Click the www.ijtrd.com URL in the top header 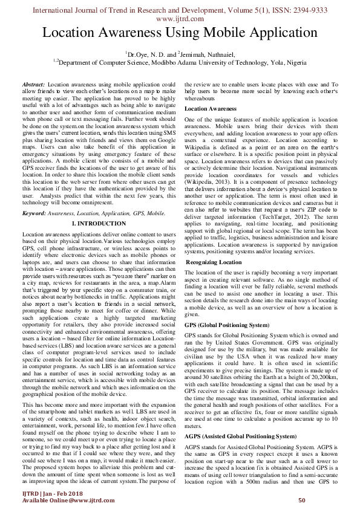pyautogui.click(x=180, y=18)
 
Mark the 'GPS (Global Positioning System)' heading pyautogui.click(x=226, y=325)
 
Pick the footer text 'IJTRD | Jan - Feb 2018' pyautogui.click(x=42, y=493)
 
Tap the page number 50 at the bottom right pyautogui.click(x=301, y=501)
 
